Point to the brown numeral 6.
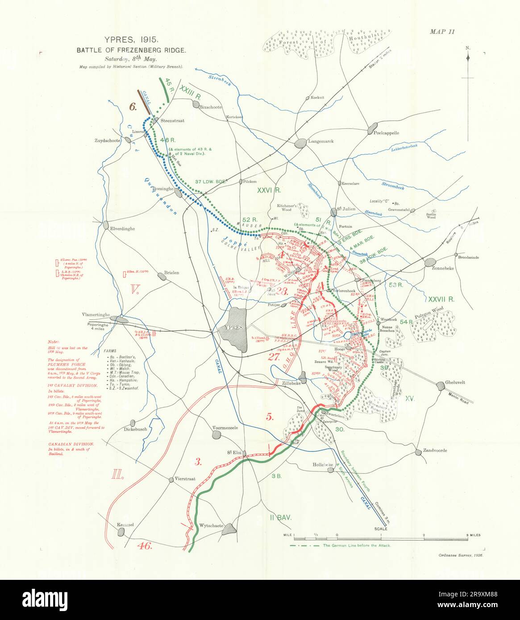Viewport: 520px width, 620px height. coord(132,107)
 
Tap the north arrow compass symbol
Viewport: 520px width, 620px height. coord(467,58)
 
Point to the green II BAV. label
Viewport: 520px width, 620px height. coord(280,518)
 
